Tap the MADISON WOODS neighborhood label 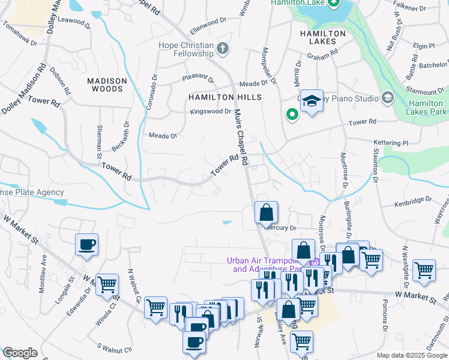(x=107, y=85)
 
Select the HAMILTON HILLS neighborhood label (x=225, y=97)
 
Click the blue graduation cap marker (x=312, y=101)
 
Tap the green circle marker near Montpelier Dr (x=292, y=113)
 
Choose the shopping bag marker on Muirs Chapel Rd (x=266, y=212)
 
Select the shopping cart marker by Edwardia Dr (x=107, y=284)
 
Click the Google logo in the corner (x=20, y=353)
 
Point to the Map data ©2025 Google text (x=412, y=355)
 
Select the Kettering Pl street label (x=391, y=144)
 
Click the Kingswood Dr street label (x=211, y=112)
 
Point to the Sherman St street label (x=99, y=143)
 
